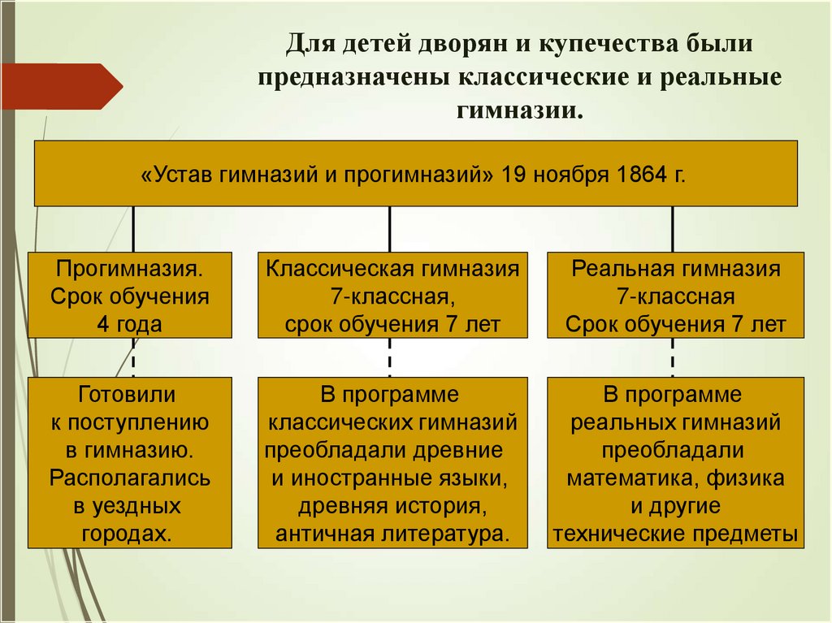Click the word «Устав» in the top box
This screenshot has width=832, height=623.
180,174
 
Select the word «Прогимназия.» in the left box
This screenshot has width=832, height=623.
130,269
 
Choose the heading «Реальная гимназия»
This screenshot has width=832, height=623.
676,269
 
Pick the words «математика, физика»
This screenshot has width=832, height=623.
676,478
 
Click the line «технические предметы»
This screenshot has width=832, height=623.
676,534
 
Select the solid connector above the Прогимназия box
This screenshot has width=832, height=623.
133,228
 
